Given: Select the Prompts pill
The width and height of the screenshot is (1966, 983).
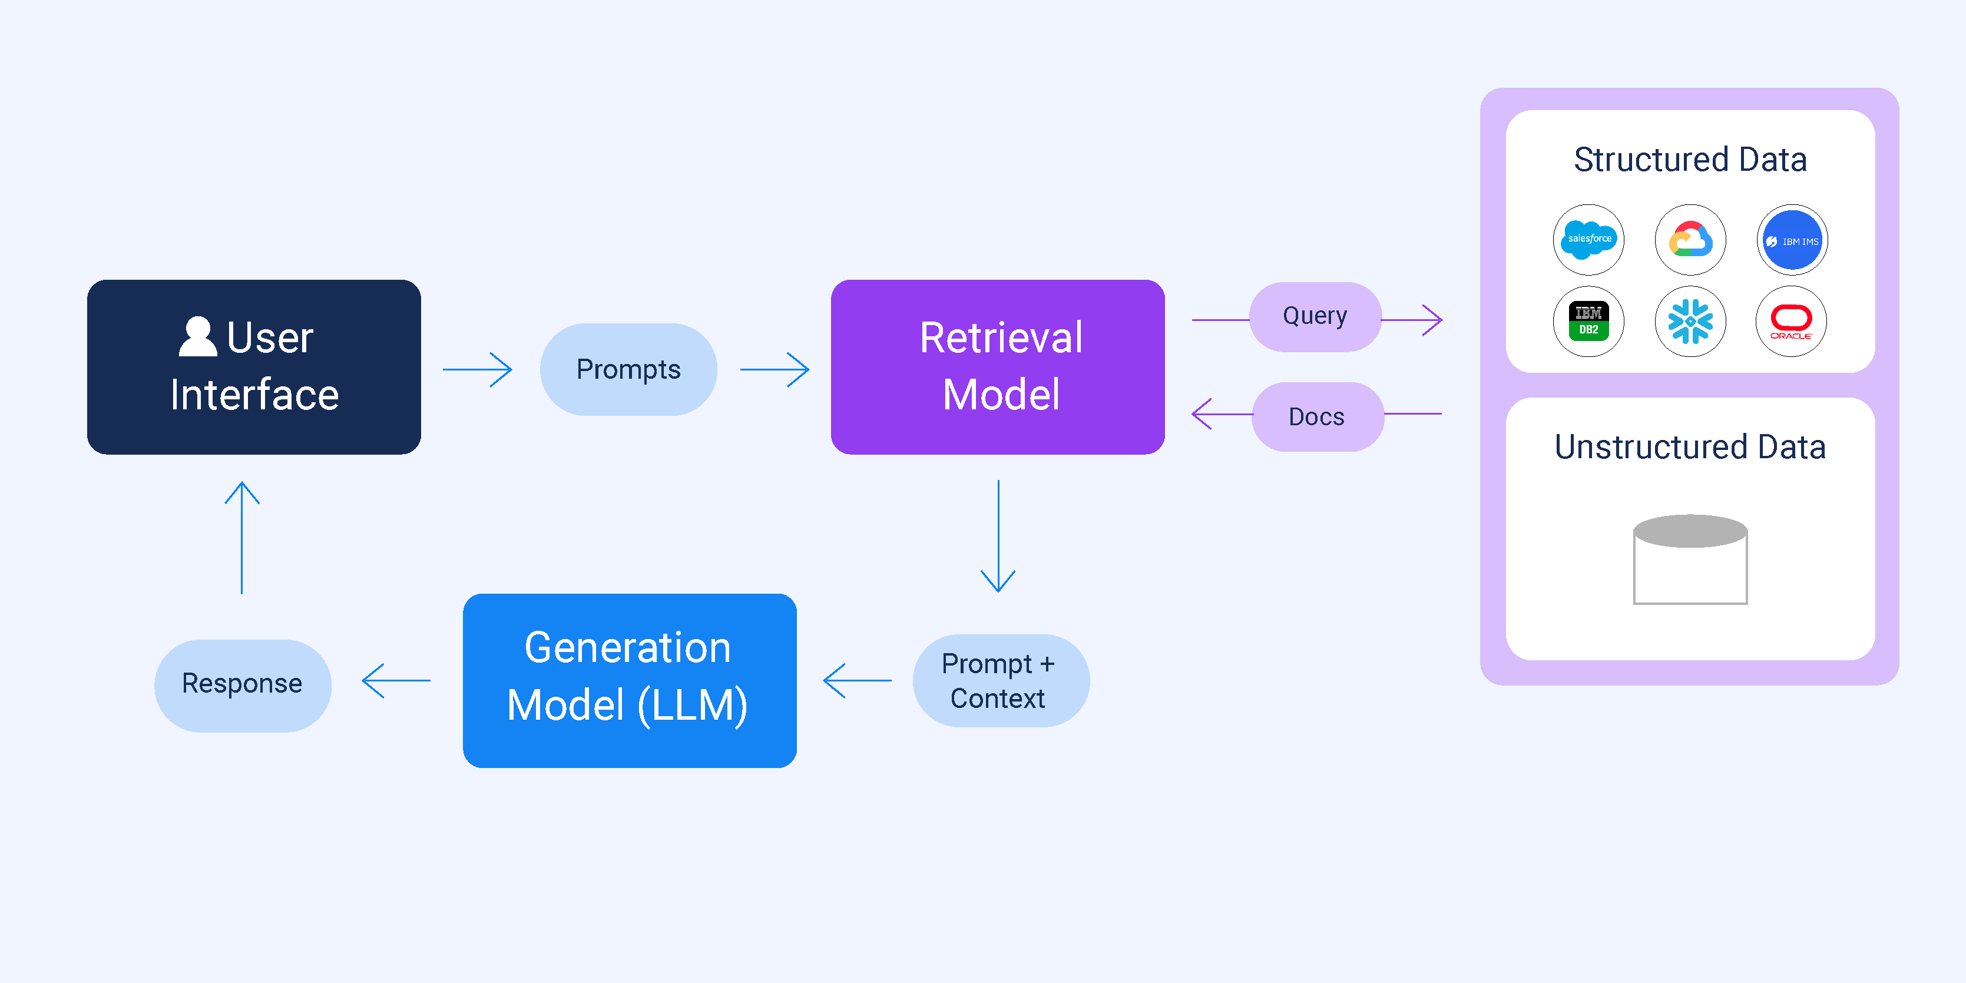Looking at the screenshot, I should click(628, 369).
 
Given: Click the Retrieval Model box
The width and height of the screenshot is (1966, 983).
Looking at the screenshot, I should click(998, 367).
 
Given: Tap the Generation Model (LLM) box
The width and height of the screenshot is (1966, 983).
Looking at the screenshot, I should click(629, 680).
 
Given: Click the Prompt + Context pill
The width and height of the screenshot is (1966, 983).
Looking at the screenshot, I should click(1000, 681).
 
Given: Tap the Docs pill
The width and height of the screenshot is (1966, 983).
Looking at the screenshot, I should click(1316, 417).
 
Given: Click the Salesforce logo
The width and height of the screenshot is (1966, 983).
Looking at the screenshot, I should click(1588, 240).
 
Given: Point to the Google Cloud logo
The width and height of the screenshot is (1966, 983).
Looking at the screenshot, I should click(1690, 240).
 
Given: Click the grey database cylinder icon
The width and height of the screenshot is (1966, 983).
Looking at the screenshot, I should click(1690, 560).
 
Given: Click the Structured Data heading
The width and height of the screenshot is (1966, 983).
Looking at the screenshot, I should click(1690, 160).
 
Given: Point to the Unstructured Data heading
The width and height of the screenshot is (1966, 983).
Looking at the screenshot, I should click(1690, 447).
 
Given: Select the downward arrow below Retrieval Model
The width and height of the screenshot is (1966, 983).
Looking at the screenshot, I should click(998, 536).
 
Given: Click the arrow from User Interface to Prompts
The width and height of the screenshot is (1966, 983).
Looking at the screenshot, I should click(478, 369).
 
